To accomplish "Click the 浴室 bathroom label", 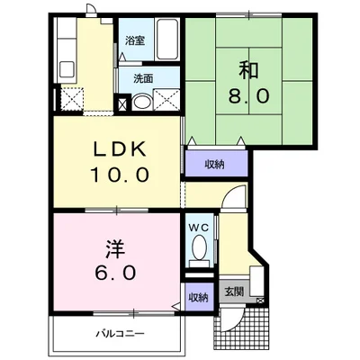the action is coord(136,40).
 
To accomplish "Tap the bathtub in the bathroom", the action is coord(167,39).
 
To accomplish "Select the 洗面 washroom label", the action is coord(143,78).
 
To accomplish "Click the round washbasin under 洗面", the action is coord(142,102).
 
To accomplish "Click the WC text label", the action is coord(199,228).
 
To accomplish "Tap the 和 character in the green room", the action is coord(248,70).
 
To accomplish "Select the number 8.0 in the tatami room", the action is coord(248,96).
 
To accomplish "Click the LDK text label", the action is coord(120,149).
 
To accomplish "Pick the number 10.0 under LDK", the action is coord(120,175).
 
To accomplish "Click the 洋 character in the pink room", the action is coord(115,248).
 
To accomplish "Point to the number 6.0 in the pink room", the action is coord(115,273).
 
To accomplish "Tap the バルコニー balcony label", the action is coord(121,333).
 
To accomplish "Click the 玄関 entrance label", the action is coord(234,292).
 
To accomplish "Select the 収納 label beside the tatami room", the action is coord(215,164).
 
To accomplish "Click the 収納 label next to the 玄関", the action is coord(198,297).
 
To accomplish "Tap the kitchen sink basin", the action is coord(67,70).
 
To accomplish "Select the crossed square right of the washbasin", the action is coord(166,100).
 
